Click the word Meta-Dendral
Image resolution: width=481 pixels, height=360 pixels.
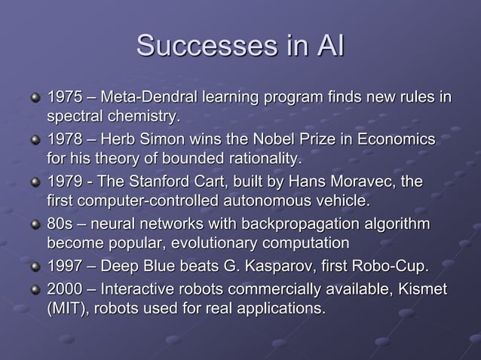point(152,99)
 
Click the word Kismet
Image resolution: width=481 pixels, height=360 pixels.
point(423,289)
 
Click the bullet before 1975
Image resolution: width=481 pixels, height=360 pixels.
point(34,99)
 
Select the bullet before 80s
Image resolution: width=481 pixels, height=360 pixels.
point(34,226)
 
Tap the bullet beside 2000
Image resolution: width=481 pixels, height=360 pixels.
point(34,290)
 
